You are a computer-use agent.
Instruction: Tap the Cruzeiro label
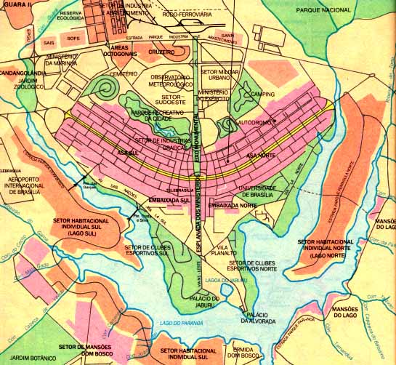click(x=162, y=52)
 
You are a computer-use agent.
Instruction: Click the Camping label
click(x=262, y=95)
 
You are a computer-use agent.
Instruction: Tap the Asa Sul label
click(x=128, y=152)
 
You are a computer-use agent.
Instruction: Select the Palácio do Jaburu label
click(x=198, y=302)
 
